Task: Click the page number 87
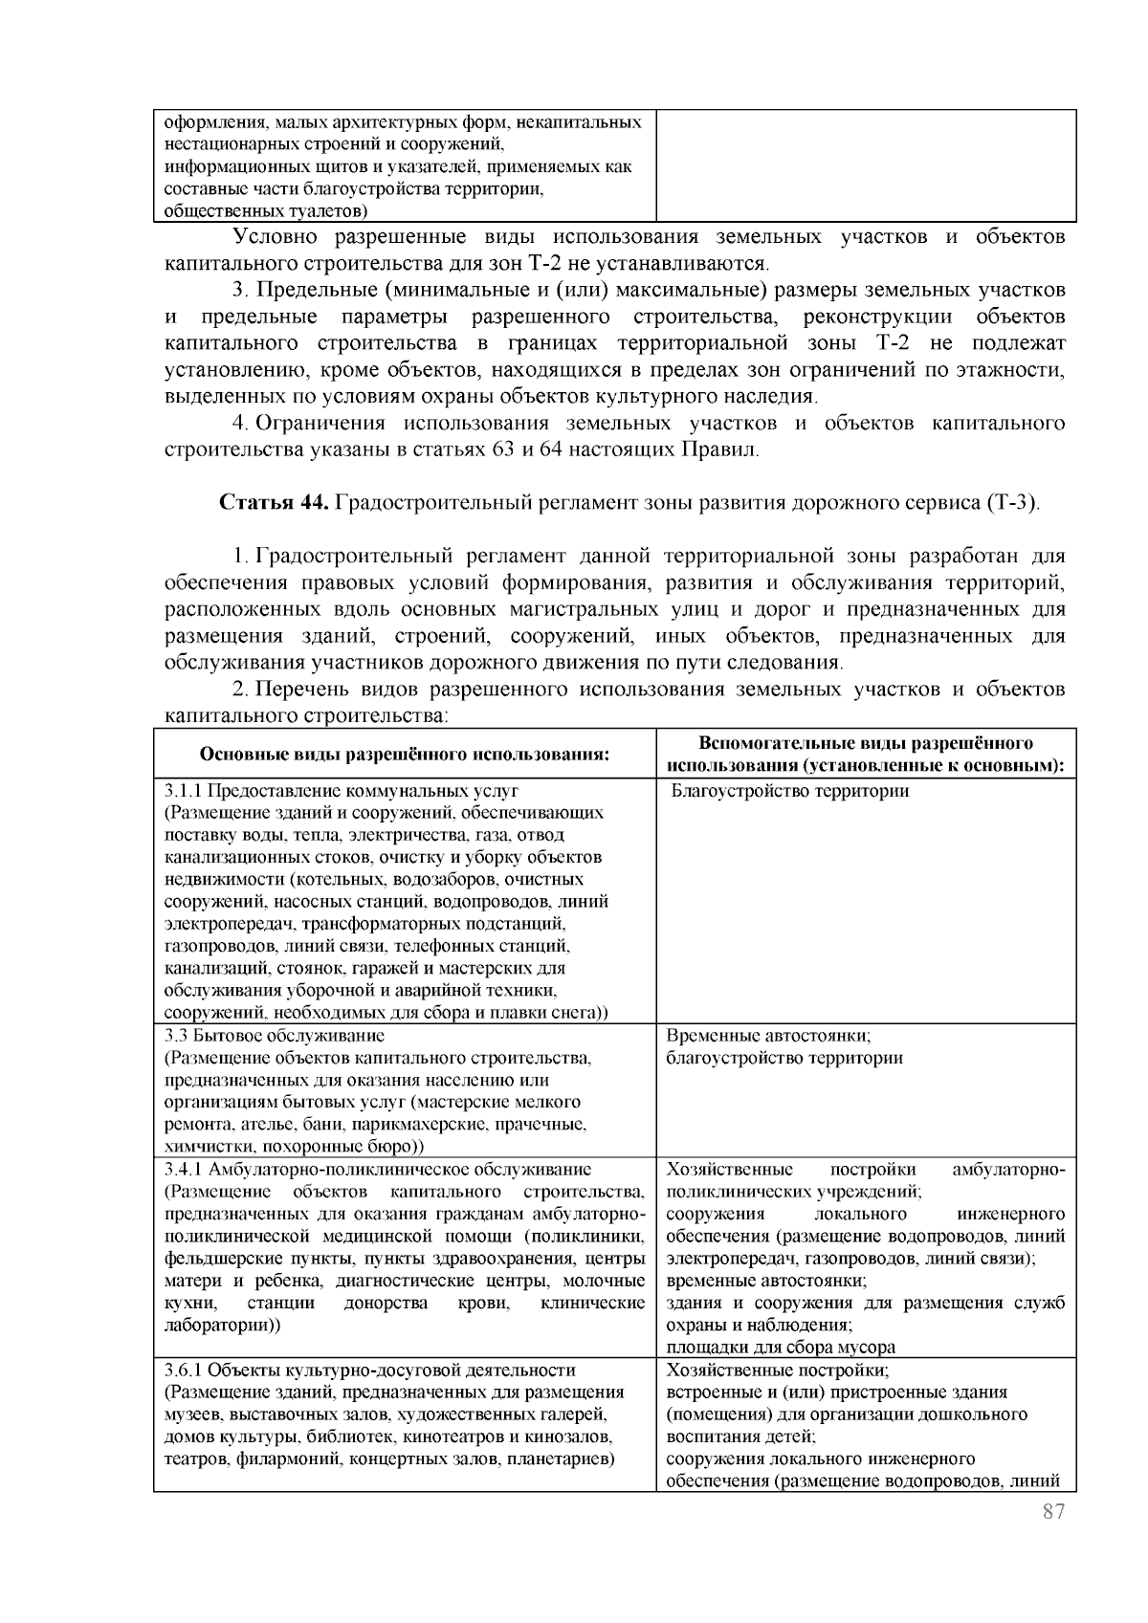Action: (x=1052, y=1512)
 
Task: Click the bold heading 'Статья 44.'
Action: (x=276, y=503)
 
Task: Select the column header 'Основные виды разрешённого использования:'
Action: (x=404, y=754)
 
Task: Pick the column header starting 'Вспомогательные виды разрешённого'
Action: (x=866, y=743)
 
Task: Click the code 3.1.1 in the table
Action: (x=182, y=791)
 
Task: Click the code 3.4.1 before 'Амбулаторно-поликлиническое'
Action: (x=182, y=1169)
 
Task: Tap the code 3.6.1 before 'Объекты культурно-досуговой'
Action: (x=182, y=1370)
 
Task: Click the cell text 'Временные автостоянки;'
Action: (x=767, y=1036)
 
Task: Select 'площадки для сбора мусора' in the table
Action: (x=781, y=1347)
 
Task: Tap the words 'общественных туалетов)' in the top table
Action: (x=265, y=210)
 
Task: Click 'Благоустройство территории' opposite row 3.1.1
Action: (x=790, y=791)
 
